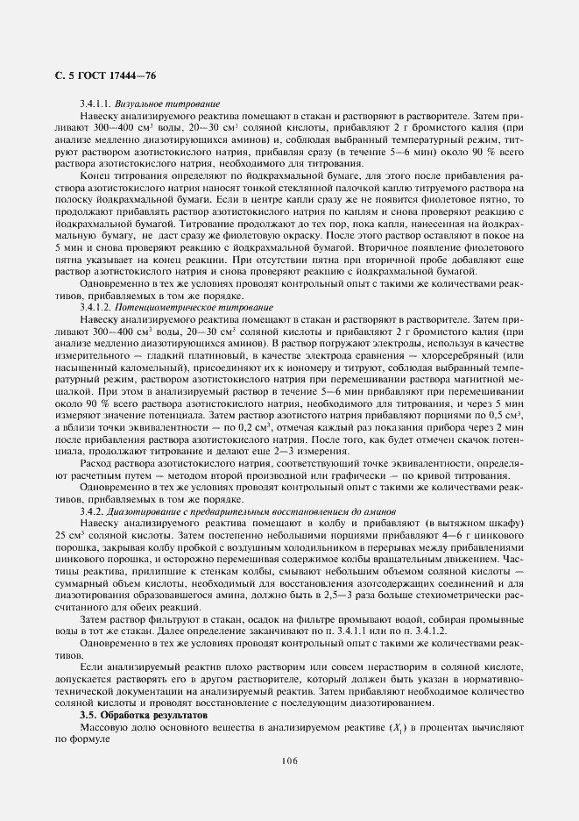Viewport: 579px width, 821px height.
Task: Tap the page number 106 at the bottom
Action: click(x=289, y=760)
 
